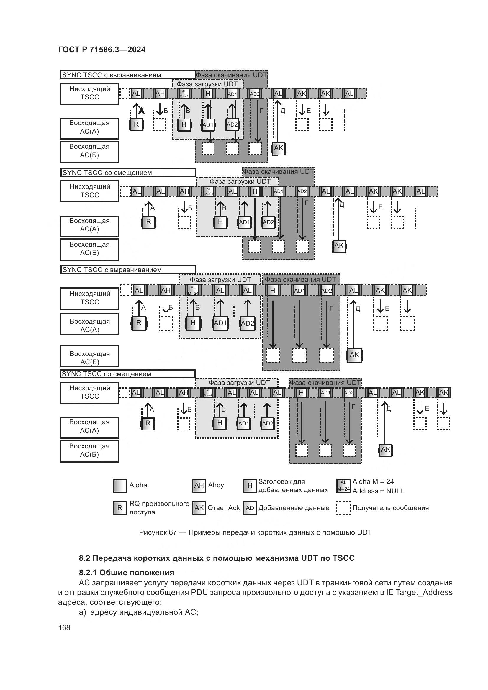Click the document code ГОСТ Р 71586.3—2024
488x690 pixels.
pos(101,50)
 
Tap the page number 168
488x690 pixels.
pos(64,627)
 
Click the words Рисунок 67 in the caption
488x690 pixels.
pos(158,532)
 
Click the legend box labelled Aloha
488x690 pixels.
pos(119,486)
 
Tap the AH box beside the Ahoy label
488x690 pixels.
pos(199,486)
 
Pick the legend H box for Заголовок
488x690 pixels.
pos(250,486)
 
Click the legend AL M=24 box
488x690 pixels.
pos(343,486)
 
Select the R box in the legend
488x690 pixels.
pos(119,508)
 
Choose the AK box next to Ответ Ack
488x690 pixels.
pos(199,508)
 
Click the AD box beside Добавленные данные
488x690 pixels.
pos(250,508)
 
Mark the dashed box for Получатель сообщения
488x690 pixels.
pos(343,508)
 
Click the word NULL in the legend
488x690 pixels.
pos(395,491)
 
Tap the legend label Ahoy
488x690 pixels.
pos(216,485)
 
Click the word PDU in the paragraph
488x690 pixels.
pos(198,593)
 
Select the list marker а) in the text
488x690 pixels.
pos(83,612)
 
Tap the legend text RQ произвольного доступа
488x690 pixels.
pos(159,508)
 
